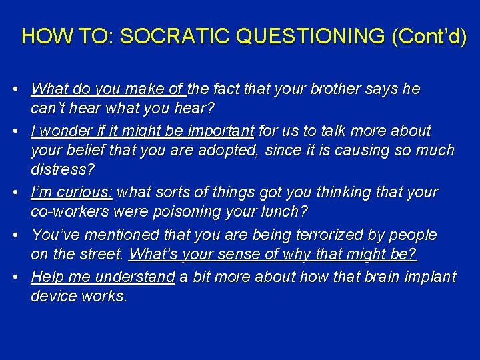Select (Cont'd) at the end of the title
click(429, 36)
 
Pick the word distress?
click(63, 171)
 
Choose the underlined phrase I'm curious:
click(72, 192)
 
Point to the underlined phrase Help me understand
click(103, 276)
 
